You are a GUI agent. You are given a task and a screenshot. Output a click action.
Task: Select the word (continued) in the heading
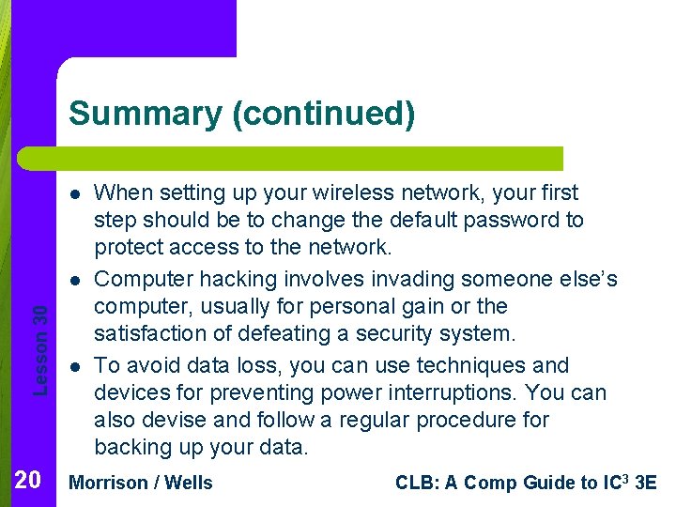(323, 114)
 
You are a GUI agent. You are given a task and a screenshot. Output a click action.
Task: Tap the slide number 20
(28, 482)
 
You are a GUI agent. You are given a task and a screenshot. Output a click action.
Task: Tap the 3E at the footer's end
(646, 483)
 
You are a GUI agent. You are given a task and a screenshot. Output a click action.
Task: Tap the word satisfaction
(152, 333)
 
